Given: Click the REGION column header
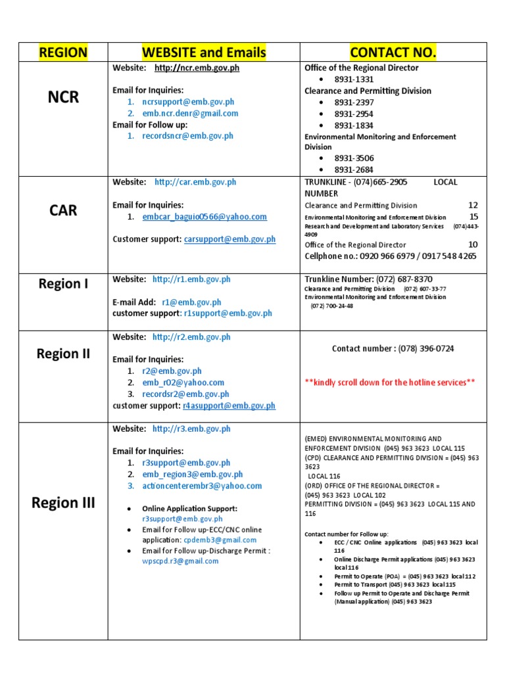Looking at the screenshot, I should click(63, 53).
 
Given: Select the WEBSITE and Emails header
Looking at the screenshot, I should click(204, 53).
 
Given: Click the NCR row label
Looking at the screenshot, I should click(63, 97).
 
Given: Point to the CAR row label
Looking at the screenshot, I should click(63, 210).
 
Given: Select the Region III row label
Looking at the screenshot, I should click(63, 503).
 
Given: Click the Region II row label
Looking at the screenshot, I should click(63, 354).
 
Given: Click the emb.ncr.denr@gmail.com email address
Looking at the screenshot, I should click(190, 113).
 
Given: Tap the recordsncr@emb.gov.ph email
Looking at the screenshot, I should click(187, 136).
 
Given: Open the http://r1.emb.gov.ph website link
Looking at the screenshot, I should click(191, 279).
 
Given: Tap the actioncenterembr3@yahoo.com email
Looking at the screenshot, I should click(201, 486).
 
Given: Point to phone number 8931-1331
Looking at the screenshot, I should click(354, 80).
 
